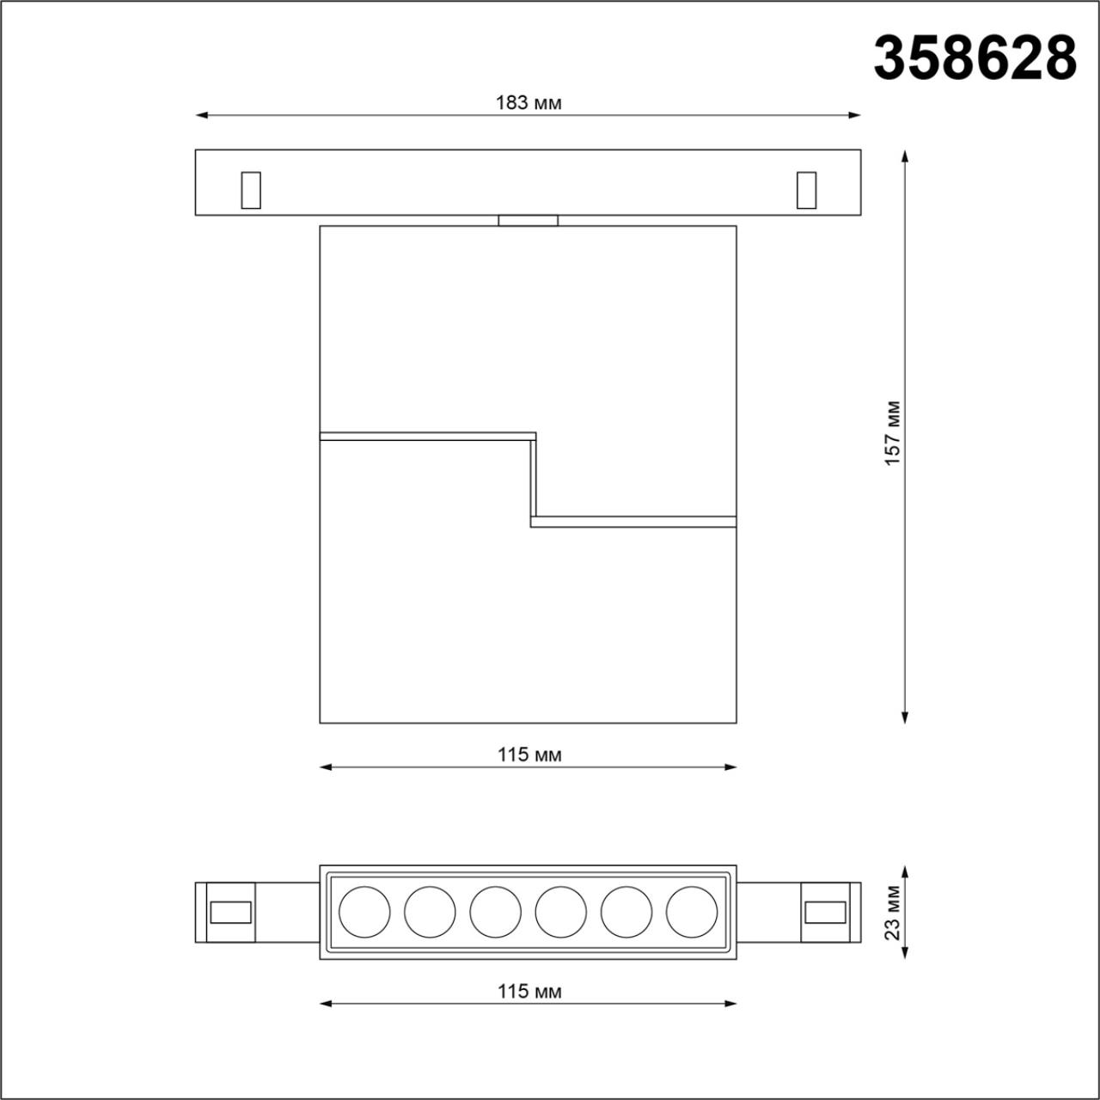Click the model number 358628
(975, 58)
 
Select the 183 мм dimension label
(529, 103)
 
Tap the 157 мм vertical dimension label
(893, 433)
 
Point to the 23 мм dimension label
(893, 913)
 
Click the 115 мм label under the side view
(529, 755)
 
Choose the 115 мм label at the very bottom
(529, 991)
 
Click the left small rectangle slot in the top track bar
(250, 190)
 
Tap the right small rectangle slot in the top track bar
(806, 190)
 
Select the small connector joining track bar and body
(528, 221)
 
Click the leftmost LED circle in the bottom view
(364, 912)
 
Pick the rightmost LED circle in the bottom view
(691, 912)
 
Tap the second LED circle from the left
(430, 912)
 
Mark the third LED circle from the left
(495, 912)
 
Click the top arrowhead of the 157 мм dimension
(904, 155)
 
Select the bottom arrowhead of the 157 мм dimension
(904, 718)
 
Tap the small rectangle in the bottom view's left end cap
(231, 912)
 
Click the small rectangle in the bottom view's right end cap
(824, 912)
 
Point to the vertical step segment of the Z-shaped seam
(533, 479)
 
